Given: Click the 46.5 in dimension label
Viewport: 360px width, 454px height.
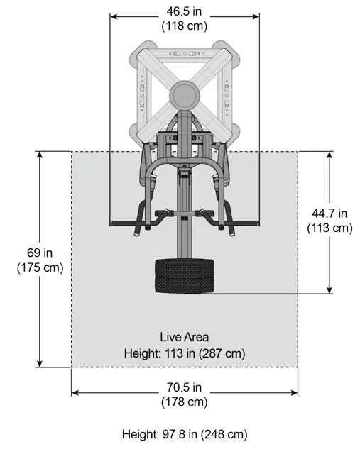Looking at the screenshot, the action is [x=184, y=11].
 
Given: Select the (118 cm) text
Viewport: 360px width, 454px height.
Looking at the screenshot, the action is [x=185, y=26].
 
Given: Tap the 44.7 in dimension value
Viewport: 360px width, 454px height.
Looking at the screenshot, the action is [x=329, y=214].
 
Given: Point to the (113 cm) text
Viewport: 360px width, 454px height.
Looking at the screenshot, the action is [x=330, y=228].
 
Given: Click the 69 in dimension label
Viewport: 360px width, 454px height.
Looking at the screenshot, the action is [x=40, y=253].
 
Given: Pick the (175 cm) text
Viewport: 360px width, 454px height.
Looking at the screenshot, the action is [x=40, y=267].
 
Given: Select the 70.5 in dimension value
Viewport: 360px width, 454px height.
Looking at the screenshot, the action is [x=184, y=387].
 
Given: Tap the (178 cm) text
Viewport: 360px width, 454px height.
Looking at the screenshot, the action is [x=185, y=402].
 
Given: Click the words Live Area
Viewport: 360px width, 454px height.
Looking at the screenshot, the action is [x=185, y=337].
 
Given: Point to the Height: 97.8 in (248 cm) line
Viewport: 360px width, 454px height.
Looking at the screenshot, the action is [x=185, y=434].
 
